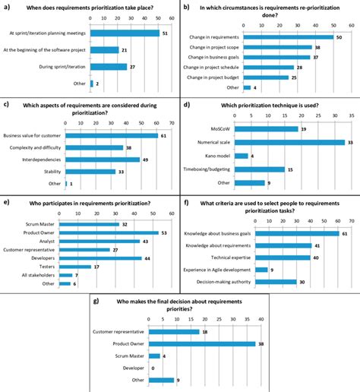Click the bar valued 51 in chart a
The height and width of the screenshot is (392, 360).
125,33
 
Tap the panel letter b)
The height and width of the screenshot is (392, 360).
186,6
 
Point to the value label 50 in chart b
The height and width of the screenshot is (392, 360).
339,36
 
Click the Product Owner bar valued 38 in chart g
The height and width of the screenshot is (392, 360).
201,343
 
